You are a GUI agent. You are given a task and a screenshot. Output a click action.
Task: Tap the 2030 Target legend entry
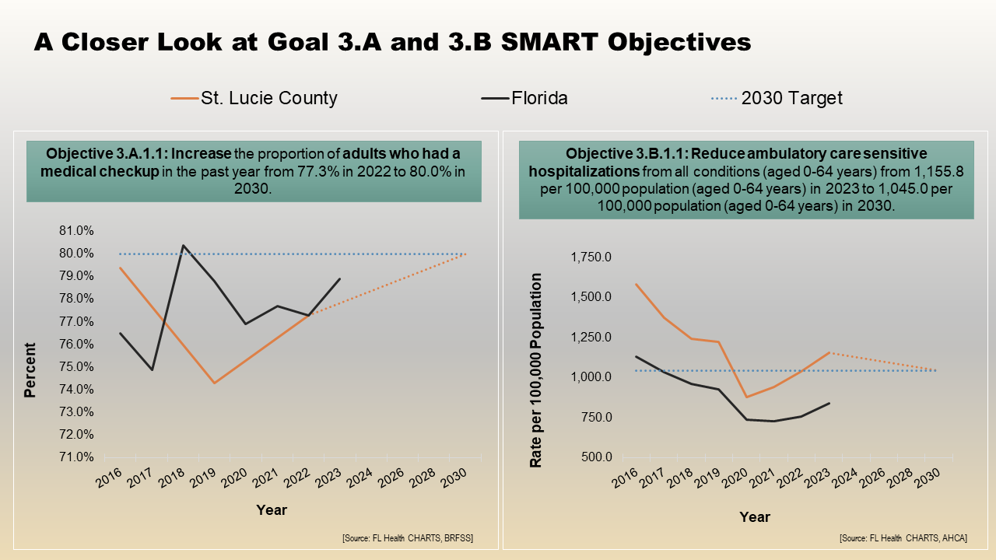pyautogui.click(x=791, y=98)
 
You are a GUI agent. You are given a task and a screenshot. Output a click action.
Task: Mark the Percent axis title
pyautogui.click(x=30, y=370)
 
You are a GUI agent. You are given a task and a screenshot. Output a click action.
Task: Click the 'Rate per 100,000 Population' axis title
pyautogui.click(x=536, y=370)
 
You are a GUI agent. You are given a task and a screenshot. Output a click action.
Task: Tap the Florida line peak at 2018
pyautogui.click(x=183, y=246)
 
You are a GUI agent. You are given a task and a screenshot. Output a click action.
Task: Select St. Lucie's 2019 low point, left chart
pyautogui.click(x=214, y=383)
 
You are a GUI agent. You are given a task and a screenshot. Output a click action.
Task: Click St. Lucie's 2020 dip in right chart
pyautogui.click(x=724, y=397)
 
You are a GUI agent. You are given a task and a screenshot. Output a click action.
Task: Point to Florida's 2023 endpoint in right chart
pyautogui.click(x=829, y=403)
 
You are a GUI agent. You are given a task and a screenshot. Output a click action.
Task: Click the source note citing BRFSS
pyautogui.click(x=407, y=538)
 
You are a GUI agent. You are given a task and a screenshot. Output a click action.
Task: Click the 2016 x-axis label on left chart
pyautogui.click(x=111, y=481)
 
